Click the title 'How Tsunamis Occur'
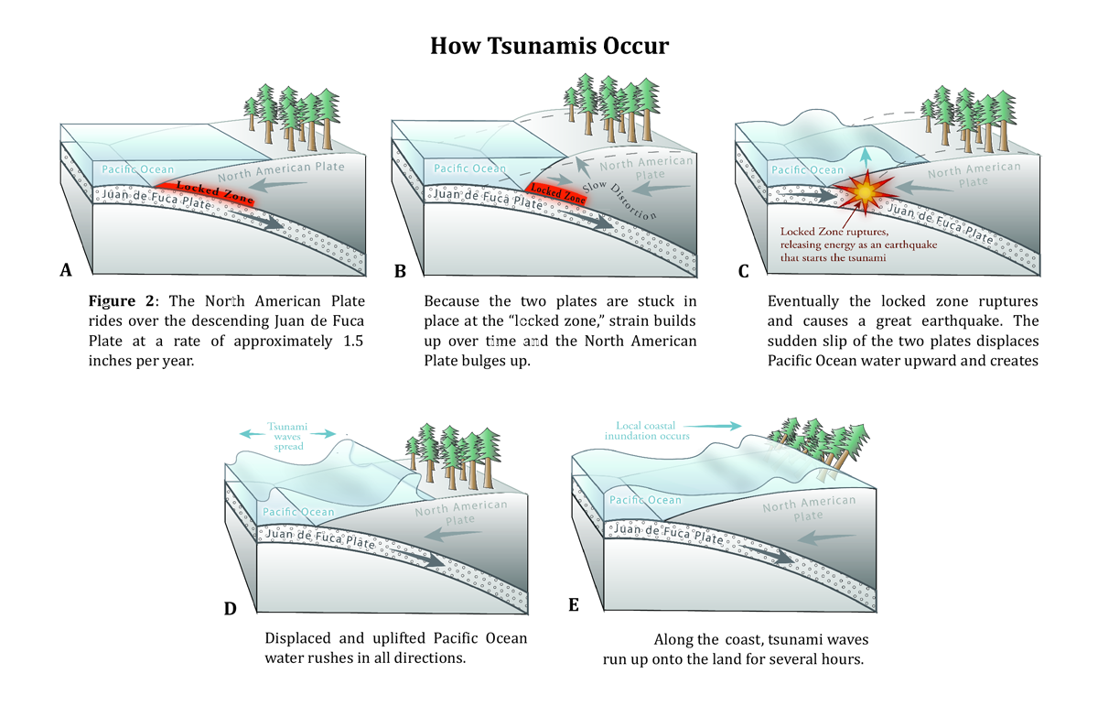point(549,46)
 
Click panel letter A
point(66,270)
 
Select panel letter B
point(400,271)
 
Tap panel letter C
point(743,271)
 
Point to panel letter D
point(230,609)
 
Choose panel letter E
point(574,605)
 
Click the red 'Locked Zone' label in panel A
point(214,192)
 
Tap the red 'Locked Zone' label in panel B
point(558,193)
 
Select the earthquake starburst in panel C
point(866,192)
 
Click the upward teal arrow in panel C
point(866,157)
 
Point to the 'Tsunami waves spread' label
point(287,437)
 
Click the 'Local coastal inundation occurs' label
point(647,430)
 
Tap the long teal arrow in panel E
point(712,426)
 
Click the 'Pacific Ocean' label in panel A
point(138,169)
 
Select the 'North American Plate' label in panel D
point(461,512)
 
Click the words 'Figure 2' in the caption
point(121,300)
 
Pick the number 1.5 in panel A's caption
point(353,341)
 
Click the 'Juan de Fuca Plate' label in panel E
point(669,534)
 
